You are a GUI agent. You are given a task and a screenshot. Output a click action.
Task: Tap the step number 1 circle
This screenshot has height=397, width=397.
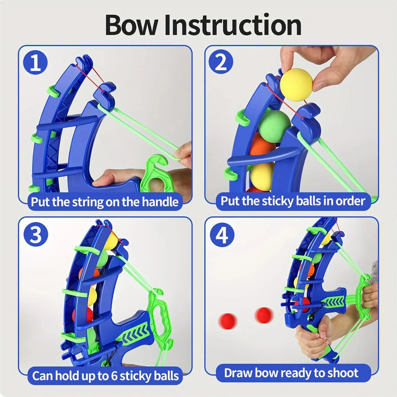coord(36,63)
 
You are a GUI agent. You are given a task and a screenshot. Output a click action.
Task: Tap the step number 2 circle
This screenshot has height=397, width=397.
coord(221,63)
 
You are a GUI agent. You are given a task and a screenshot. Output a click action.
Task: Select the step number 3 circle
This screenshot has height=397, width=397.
coord(36,235)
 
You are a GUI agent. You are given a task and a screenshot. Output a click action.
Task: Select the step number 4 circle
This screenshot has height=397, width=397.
coord(221,235)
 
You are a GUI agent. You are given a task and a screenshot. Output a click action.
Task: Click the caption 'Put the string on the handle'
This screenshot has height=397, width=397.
coord(105,201)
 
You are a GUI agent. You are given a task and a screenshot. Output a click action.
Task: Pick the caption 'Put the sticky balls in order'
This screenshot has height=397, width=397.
coord(292,201)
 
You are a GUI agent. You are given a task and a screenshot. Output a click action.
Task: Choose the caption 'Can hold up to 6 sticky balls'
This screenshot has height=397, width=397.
coord(105,375)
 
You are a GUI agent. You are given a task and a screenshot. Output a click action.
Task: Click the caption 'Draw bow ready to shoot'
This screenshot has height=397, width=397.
coord(291,373)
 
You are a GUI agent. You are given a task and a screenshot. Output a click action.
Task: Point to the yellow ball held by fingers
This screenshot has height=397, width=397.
coord(296,84)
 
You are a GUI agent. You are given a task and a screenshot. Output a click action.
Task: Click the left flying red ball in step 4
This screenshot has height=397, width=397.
coord(227,320)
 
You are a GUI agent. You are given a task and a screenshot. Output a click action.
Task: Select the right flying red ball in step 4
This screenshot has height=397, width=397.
coord(264,315)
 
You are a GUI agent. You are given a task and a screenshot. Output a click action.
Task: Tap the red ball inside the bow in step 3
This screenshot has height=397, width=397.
coord(83,314)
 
